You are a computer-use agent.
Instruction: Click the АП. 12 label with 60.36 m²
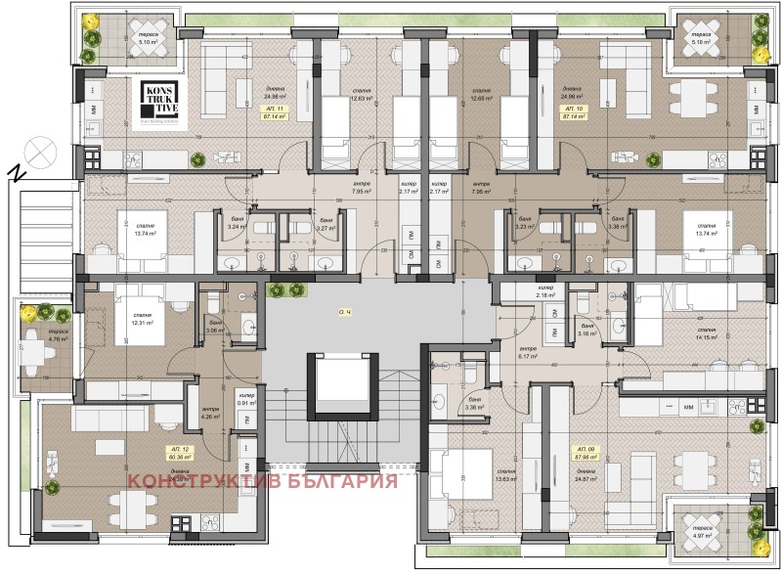[x=178, y=451]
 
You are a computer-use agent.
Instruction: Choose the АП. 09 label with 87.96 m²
[x=586, y=451]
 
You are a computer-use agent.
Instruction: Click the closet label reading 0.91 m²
[x=248, y=399]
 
